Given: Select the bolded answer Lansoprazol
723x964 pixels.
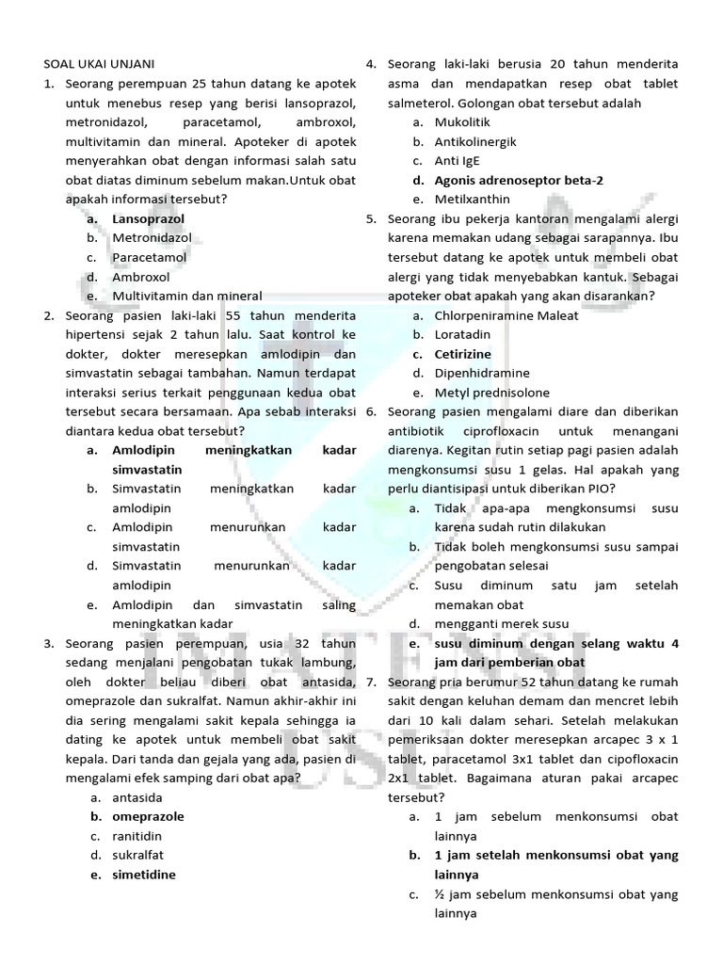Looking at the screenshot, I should click(149, 218).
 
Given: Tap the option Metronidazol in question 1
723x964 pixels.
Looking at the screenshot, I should click(152, 238).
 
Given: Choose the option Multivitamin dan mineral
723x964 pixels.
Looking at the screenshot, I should click(186, 296).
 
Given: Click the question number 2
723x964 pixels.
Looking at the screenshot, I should click(49, 315).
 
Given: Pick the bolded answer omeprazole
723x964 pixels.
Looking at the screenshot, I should click(148, 816).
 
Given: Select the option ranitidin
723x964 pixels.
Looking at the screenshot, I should click(138, 836).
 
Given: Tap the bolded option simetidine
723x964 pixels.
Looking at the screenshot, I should click(144, 874).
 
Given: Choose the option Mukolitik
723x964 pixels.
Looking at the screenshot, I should click(462, 121).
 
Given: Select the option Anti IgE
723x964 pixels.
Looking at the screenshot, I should click(458, 160).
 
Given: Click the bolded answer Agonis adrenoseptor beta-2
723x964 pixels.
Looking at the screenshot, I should click(520, 180).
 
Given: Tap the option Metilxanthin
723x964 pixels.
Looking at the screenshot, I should click(473, 199).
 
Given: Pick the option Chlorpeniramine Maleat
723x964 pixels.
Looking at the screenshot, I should click(506, 315).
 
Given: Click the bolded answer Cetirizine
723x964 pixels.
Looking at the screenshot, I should click(463, 354).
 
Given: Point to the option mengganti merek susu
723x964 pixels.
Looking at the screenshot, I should click(502, 623).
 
